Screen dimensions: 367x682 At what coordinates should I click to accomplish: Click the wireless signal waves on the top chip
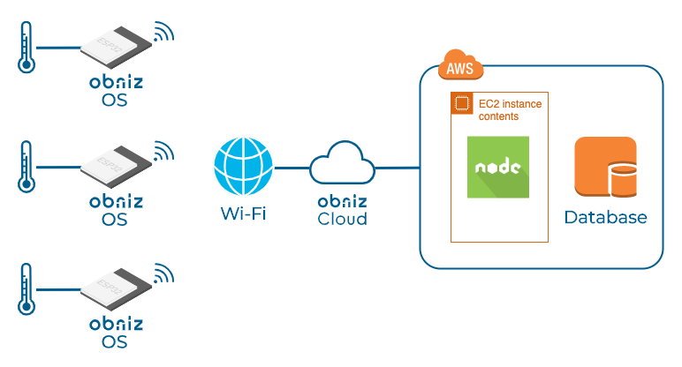coord(162,34)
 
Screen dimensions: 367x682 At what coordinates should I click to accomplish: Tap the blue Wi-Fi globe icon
coord(241,165)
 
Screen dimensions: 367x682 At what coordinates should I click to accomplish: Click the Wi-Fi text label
coord(242,214)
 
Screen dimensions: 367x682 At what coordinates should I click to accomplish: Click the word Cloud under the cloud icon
coord(342,219)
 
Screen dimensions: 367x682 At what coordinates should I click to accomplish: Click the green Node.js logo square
coord(497,168)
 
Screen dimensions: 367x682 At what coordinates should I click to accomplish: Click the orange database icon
coord(605,168)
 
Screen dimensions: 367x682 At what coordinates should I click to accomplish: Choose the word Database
coord(605,217)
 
